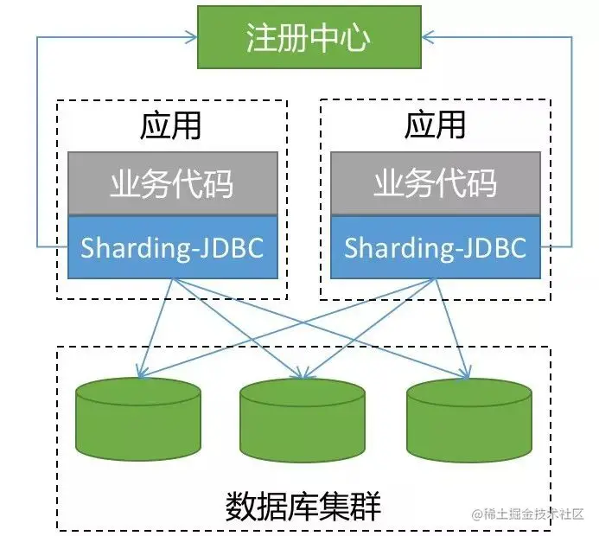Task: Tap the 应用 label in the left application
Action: tap(170, 125)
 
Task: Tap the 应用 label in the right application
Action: tap(435, 125)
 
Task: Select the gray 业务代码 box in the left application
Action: tap(171, 183)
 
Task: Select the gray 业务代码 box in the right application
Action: tap(436, 183)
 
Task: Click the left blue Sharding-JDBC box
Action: tap(171, 247)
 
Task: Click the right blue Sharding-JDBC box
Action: tap(436, 247)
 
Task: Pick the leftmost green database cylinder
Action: tap(138, 419)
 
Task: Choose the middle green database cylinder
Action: tap(302, 419)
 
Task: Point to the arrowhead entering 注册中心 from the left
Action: tap(192, 37)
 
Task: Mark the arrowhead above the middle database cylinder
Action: tap(302, 373)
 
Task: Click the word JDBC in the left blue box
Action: tap(231, 247)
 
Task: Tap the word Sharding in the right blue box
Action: tap(395, 248)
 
